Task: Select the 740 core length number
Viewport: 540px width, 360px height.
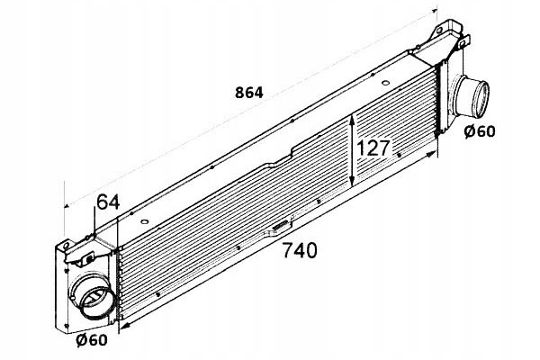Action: (x=299, y=252)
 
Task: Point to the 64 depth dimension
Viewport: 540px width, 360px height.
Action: (x=108, y=203)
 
